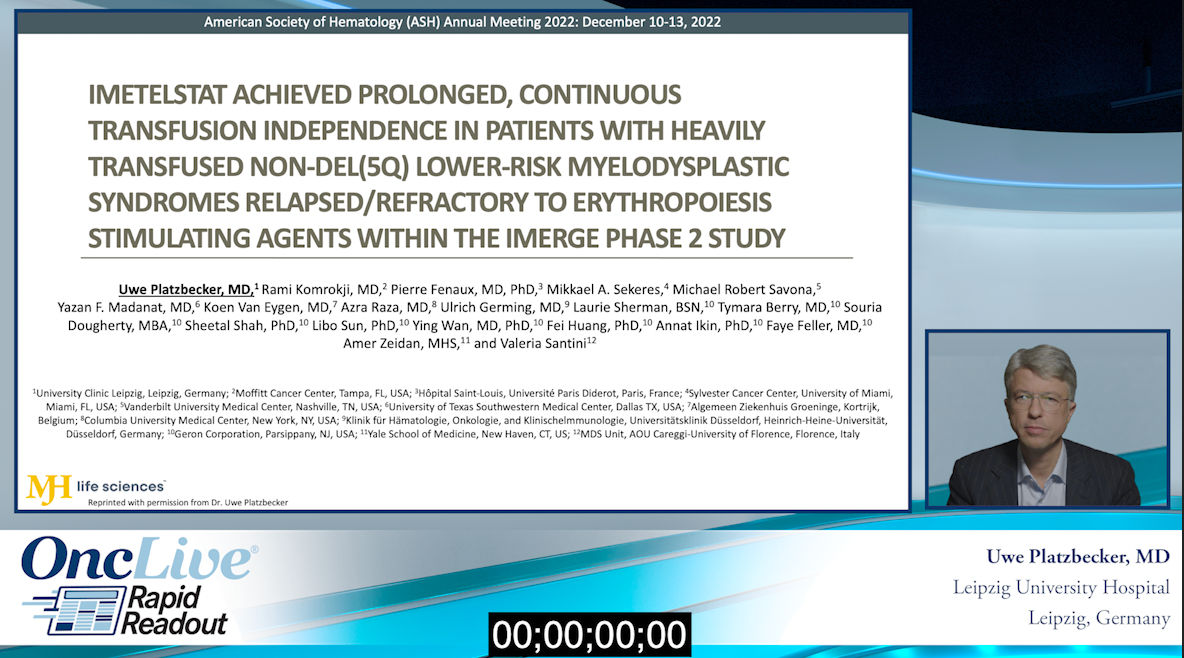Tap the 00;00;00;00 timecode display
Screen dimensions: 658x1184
click(x=590, y=635)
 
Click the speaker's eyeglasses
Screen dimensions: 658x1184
click(x=1039, y=400)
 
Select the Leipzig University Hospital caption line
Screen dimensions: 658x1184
click(x=1061, y=587)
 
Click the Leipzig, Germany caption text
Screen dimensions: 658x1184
click(x=1099, y=618)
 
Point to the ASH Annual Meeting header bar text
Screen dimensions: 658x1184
click(x=462, y=21)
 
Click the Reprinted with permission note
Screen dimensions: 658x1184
click(x=188, y=502)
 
